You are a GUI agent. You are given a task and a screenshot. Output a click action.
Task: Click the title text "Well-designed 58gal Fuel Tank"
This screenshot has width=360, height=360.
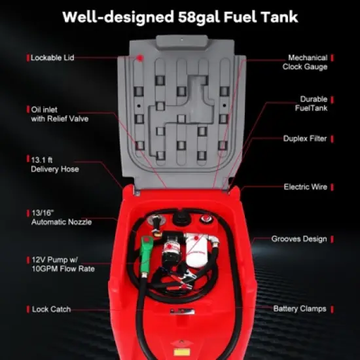180,16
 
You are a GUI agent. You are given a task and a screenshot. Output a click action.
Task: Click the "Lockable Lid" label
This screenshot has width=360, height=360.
52,58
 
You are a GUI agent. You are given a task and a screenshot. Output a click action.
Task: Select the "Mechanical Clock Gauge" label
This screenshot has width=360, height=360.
304,62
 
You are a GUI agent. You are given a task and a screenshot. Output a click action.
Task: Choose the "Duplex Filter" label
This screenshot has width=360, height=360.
304,139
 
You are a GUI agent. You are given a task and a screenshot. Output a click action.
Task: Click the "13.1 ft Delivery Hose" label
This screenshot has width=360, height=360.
55,164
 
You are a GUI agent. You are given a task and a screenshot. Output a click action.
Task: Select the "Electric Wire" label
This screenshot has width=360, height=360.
305,187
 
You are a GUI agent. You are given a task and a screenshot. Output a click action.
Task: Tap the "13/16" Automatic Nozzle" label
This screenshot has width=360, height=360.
61,217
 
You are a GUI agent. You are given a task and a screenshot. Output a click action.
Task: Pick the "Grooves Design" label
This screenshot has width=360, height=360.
298,239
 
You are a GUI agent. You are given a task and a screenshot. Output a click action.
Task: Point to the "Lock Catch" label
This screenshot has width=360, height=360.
51,309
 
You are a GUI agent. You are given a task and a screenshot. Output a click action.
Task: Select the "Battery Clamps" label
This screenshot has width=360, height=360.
299,308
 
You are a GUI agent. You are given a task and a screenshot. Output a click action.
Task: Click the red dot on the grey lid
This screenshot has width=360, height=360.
139,58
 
